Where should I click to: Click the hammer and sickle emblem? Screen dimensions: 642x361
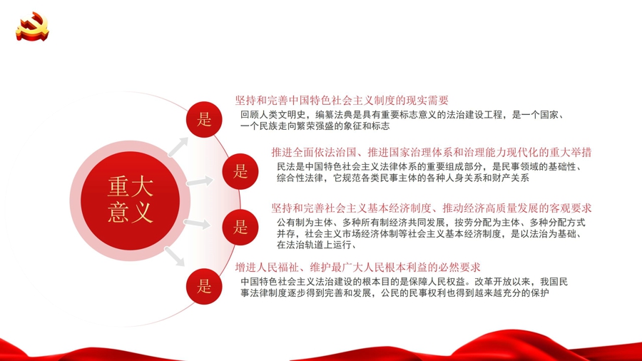(32, 26)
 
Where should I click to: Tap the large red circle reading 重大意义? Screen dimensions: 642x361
(131, 200)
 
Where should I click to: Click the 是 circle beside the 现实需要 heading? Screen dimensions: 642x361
(204, 120)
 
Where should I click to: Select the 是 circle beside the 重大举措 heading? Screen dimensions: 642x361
(240, 171)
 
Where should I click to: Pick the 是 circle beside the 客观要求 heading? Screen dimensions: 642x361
(240, 227)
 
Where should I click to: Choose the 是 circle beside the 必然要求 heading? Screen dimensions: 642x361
(204, 286)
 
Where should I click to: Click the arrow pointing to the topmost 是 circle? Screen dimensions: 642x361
(178, 146)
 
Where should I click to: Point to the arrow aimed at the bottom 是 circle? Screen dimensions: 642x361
(175, 256)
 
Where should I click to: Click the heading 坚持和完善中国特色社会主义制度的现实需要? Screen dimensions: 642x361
(342, 101)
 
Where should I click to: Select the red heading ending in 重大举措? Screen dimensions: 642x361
(432, 152)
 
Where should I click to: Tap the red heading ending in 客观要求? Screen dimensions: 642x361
(432, 208)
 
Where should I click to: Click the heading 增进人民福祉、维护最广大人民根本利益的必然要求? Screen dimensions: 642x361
(357, 268)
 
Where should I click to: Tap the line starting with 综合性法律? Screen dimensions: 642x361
(403, 178)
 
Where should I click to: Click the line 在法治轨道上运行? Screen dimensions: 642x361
(316, 245)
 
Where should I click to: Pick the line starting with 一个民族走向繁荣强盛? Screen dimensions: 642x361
(315, 126)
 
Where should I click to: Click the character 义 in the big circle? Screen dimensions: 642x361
(142, 213)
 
